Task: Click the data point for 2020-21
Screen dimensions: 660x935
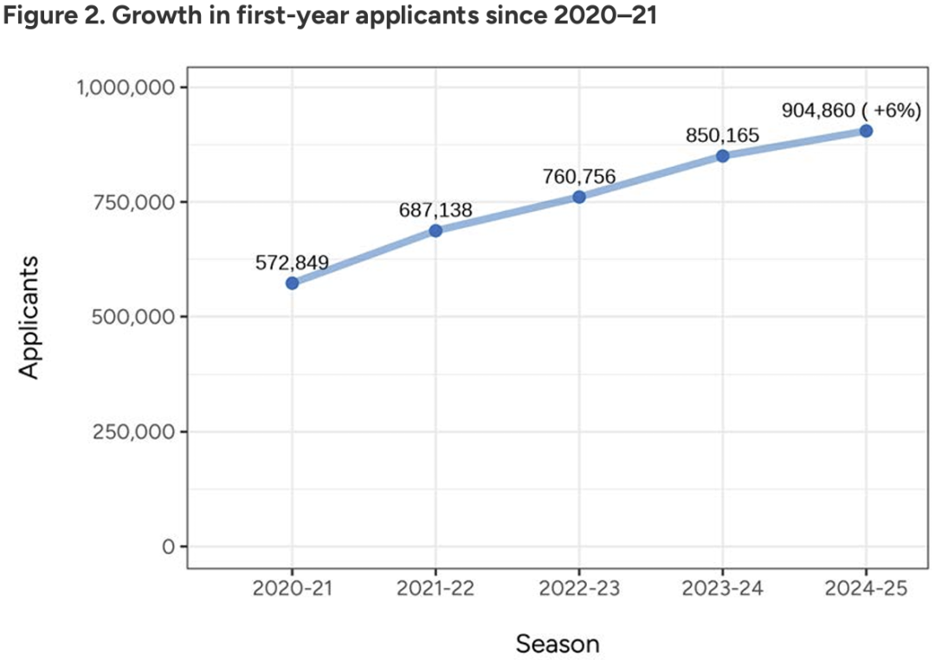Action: tap(293, 283)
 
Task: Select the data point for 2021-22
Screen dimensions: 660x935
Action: tap(435, 230)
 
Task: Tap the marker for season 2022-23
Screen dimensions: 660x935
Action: tap(579, 197)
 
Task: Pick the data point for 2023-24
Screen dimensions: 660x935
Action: tap(722, 156)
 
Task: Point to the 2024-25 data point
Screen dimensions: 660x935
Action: tap(866, 131)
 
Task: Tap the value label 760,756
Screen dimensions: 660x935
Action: tap(579, 177)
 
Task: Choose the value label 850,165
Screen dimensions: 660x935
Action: tap(722, 135)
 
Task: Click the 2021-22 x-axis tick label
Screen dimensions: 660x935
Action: tap(435, 588)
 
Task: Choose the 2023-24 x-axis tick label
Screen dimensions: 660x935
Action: tap(722, 588)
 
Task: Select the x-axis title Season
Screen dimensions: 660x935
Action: tap(558, 644)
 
